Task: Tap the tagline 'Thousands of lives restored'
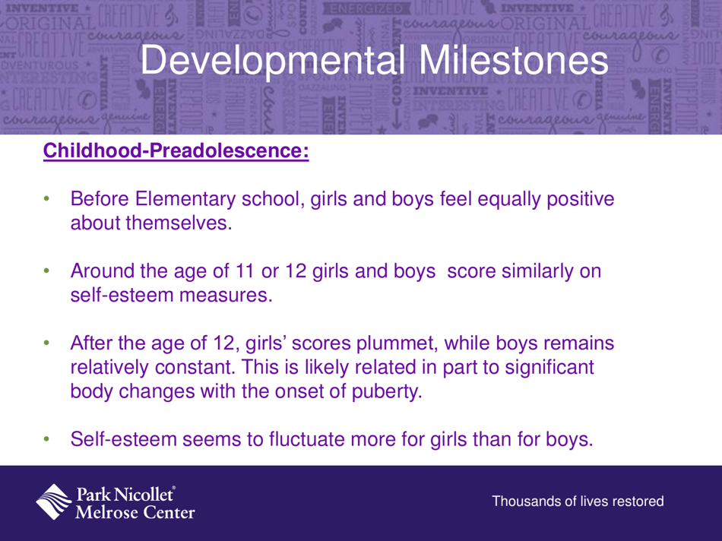578,502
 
